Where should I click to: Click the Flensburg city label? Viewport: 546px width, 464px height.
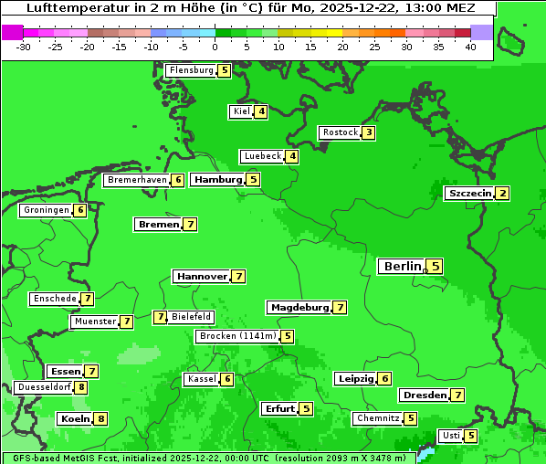click(x=191, y=70)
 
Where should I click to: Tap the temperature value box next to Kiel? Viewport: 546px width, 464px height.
click(x=261, y=111)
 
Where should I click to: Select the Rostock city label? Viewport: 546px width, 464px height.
click(x=340, y=132)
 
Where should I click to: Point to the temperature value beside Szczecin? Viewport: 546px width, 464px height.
click(x=502, y=194)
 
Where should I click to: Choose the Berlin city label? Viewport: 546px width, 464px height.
click(x=402, y=267)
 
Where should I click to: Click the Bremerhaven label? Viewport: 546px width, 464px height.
click(x=137, y=181)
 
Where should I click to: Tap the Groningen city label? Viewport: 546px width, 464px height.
click(x=47, y=210)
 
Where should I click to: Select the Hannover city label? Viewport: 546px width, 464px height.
click(x=202, y=276)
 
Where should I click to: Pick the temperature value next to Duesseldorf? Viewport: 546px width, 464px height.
click(x=81, y=387)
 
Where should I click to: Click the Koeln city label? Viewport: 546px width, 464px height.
click(x=75, y=419)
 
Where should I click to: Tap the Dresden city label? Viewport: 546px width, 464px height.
click(x=424, y=395)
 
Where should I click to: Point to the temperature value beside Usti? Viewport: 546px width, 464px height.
click(x=470, y=436)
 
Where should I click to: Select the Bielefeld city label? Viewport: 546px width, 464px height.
click(x=191, y=317)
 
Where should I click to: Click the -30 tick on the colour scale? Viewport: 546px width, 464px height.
click(x=24, y=46)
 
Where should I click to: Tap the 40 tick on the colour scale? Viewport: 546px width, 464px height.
click(x=470, y=46)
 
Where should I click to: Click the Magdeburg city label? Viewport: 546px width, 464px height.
click(x=299, y=308)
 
